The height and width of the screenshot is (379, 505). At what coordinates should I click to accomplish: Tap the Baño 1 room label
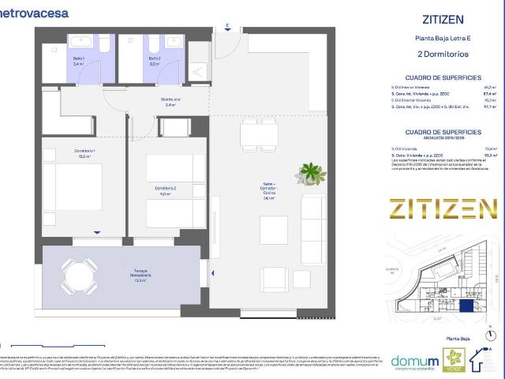coord(78,61)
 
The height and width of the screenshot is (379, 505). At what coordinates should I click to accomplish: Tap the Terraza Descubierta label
coord(141,276)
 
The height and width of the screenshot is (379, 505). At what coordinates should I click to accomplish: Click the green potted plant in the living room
coord(313,173)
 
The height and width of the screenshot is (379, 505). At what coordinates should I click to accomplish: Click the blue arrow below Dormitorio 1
coord(96,231)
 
